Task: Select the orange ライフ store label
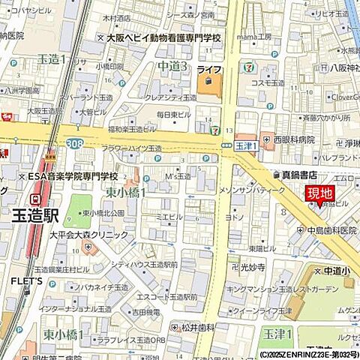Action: tap(208, 68)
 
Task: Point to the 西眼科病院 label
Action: tap(293, 139)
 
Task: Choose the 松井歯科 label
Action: tap(197, 327)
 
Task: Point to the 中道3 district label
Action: tap(172, 67)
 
